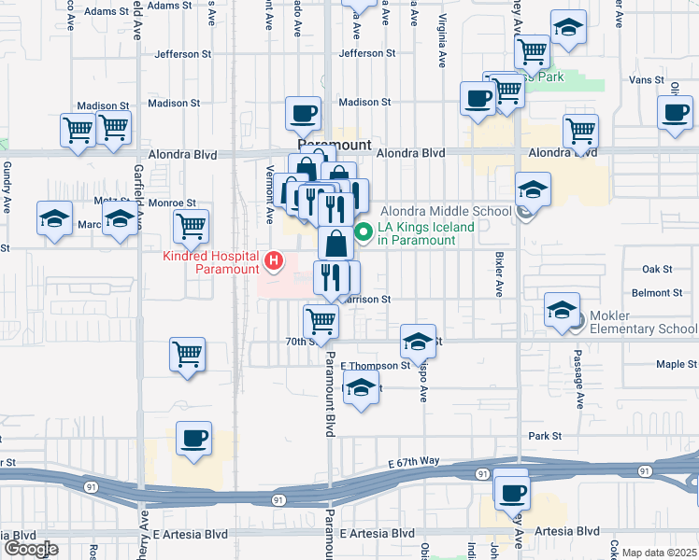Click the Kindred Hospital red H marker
pos(274,260)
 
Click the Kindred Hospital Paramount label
pos(211,262)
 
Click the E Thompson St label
pos(375,366)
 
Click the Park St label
pos(543,436)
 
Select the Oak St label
pos(657,269)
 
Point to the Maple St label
pos(676,364)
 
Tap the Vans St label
pos(646,80)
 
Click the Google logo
pos(31,549)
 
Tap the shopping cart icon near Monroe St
pos(191,225)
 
